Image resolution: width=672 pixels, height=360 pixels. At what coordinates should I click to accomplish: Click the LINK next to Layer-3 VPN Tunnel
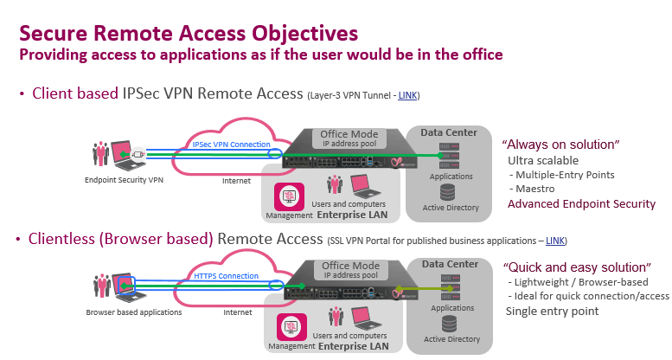pos(408,93)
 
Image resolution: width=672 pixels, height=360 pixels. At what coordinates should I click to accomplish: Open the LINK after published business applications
pos(555,239)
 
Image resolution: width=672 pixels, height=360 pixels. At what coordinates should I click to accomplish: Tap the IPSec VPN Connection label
pos(231,145)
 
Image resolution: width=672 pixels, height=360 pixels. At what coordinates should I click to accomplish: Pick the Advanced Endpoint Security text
pos(581,204)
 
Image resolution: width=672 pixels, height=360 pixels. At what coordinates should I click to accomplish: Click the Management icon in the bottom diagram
pos(288,327)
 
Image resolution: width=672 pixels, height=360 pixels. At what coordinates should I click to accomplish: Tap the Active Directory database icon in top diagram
pos(446,192)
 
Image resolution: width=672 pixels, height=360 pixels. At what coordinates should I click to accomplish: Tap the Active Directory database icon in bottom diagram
pos(446,324)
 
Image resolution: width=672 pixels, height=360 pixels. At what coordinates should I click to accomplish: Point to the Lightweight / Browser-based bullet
pos(574,282)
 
